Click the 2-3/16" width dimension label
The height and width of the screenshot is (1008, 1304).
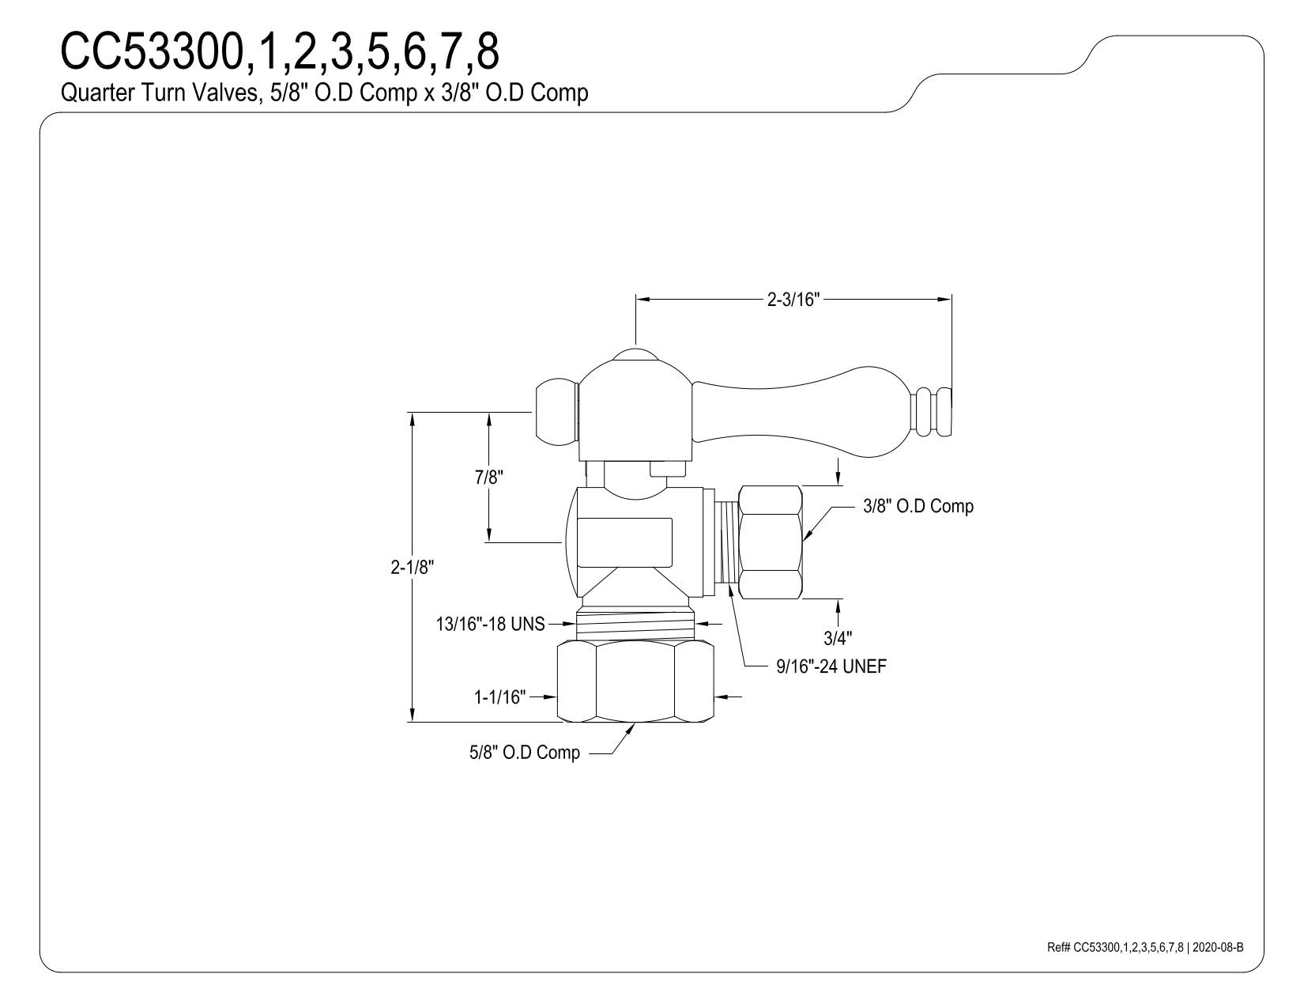(x=793, y=299)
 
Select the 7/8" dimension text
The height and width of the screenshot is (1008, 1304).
(x=489, y=478)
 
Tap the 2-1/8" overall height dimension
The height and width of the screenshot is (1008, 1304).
(x=413, y=567)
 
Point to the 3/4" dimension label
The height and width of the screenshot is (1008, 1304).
(x=838, y=638)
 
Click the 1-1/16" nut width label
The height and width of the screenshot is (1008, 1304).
(x=500, y=697)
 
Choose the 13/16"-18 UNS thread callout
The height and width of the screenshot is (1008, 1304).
(x=490, y=625)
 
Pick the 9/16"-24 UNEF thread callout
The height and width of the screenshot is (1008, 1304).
(x=831, y=666)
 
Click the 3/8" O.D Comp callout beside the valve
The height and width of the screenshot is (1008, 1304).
(x=918, y=506)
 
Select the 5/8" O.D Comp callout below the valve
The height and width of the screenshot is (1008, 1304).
(x=525, y=753)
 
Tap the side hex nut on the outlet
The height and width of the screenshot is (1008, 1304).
(x=771, y=542)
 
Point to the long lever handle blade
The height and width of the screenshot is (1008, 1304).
(x=802, y=411)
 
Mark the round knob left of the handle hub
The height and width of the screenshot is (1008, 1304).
(x=556, y=410)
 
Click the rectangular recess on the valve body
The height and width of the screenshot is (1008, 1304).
(x=624, y=542)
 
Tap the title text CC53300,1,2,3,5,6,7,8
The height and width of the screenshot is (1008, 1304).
(x=280, y=51)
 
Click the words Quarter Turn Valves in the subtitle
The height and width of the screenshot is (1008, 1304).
(x=159, y=92)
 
